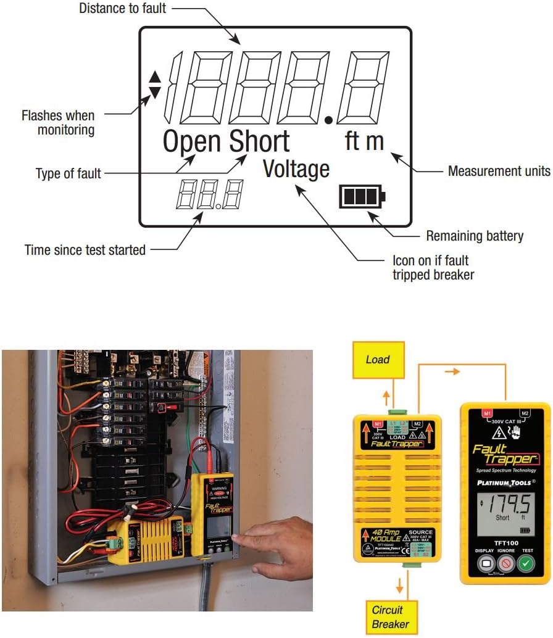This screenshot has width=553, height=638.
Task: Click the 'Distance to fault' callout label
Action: point(123,9)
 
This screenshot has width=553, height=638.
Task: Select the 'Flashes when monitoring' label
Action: point(58,122)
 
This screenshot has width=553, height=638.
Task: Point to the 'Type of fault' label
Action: point(68,174)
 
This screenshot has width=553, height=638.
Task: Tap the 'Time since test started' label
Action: point(85,250)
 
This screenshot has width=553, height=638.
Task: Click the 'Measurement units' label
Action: point(499,171)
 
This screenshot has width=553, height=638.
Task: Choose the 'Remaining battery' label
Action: point(475,236)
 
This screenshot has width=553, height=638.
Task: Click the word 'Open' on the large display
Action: point(192,142)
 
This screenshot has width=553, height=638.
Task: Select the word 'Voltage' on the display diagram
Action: point(296,169)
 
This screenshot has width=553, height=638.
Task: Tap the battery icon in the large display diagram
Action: point(362,197)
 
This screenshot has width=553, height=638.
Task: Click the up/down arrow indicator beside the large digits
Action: point(155,85)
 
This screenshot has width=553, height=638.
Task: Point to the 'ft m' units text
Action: point(364,141)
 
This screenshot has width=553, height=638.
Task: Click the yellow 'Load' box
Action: point(377,360)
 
